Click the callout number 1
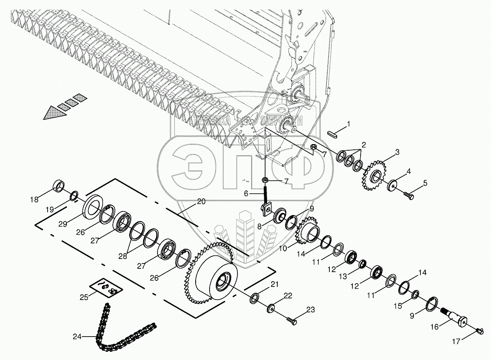pyautogui.click(x=349, y=123)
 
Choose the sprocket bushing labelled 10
pyautogui.click(x=310, y=234)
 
